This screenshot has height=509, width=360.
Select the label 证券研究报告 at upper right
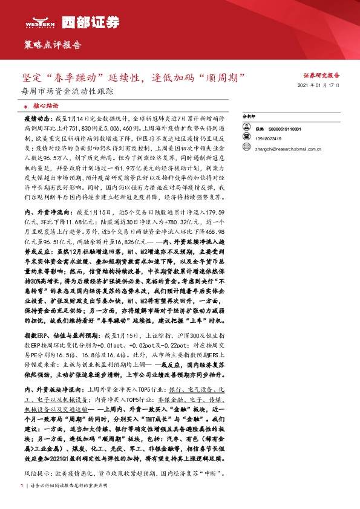click(322, 76)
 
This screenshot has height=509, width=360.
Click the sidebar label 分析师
click(249, 115)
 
